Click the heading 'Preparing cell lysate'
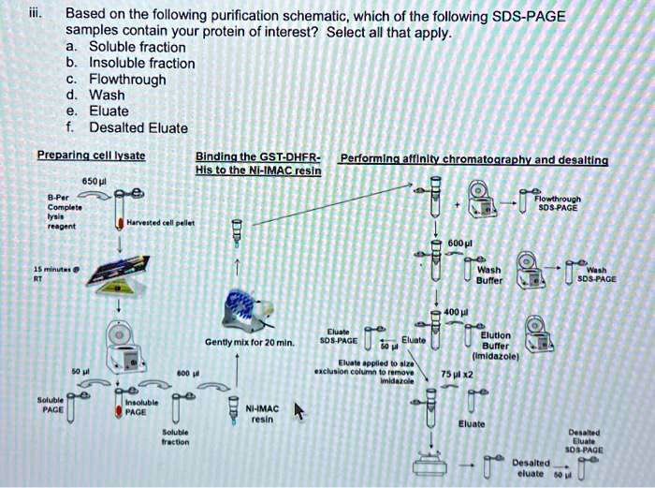coord(90,155)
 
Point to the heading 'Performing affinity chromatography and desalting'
coord(474,159)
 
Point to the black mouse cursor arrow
coord(299,411)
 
